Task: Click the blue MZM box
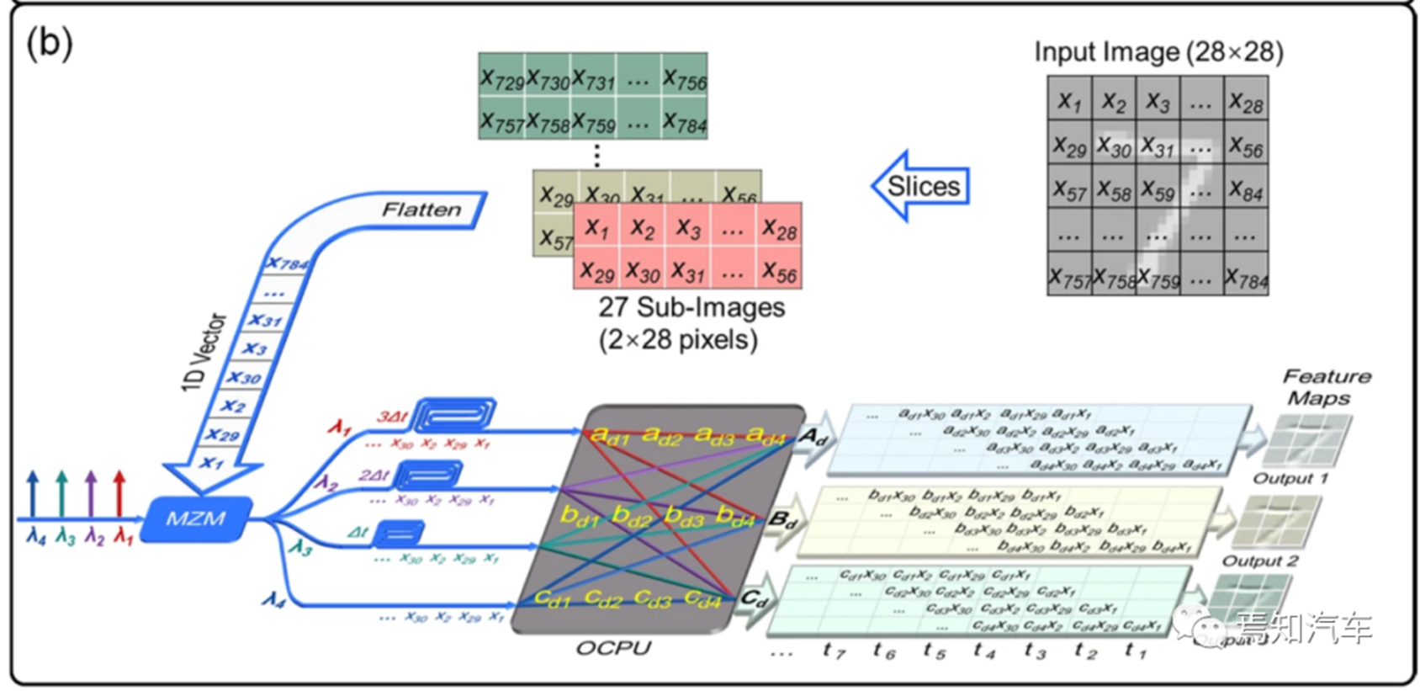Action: (196, 518)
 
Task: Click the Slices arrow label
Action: (923, 186)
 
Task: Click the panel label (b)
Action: (49, 42)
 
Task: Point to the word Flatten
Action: (421, 209)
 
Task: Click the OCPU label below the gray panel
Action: (613, 647)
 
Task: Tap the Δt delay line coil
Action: (398, 533)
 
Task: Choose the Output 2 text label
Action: (1259, 561)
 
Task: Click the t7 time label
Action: (834, 650)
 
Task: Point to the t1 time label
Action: (1135, 650)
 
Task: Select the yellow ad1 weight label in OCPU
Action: (609, 434)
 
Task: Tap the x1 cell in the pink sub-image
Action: (596, 226)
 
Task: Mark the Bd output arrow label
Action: (782, 520)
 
